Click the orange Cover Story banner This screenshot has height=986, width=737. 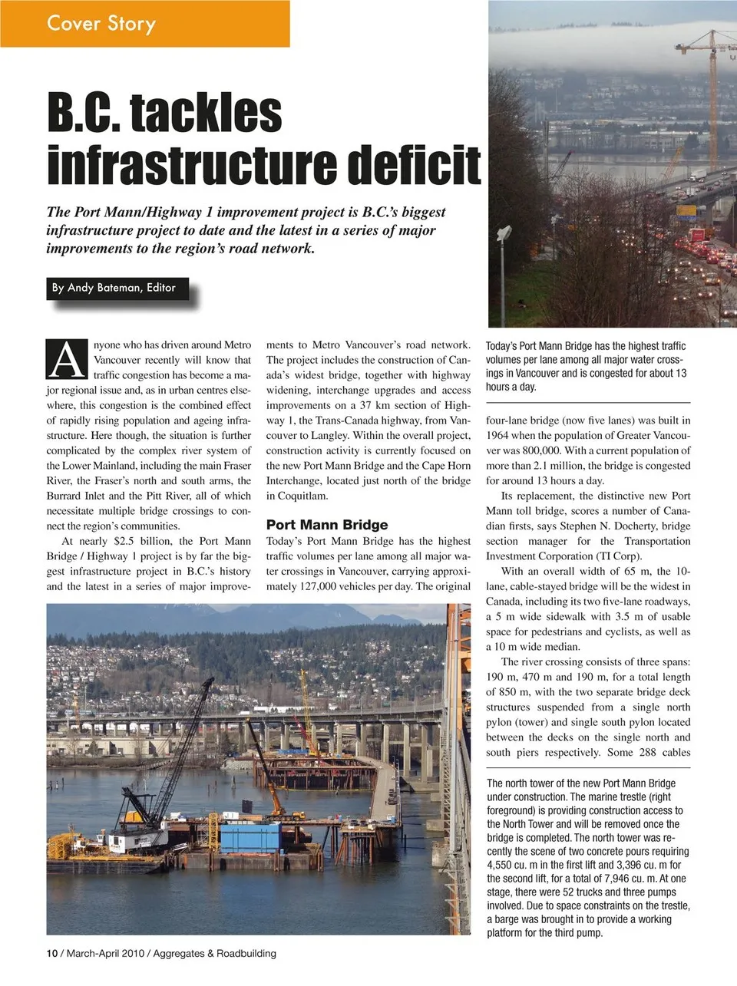pyautogui.click(x=144, y=24)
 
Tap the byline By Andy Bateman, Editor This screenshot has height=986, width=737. pyautogui.click(x=114, y=289)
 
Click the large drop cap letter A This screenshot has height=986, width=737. pyautogui.click(x=66, y=359)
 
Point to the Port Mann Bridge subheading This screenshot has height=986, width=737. pyautogui.click(x=327, y=526)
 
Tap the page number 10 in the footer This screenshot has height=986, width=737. pyautogui.click(x=51, y=954)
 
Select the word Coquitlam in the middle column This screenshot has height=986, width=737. pyautogui.click(x=297, y=496)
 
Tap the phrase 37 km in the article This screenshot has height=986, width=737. pyautogui.click(x=374, y=405)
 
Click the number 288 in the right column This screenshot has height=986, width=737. pyautogui.click(x=648, y=753)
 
